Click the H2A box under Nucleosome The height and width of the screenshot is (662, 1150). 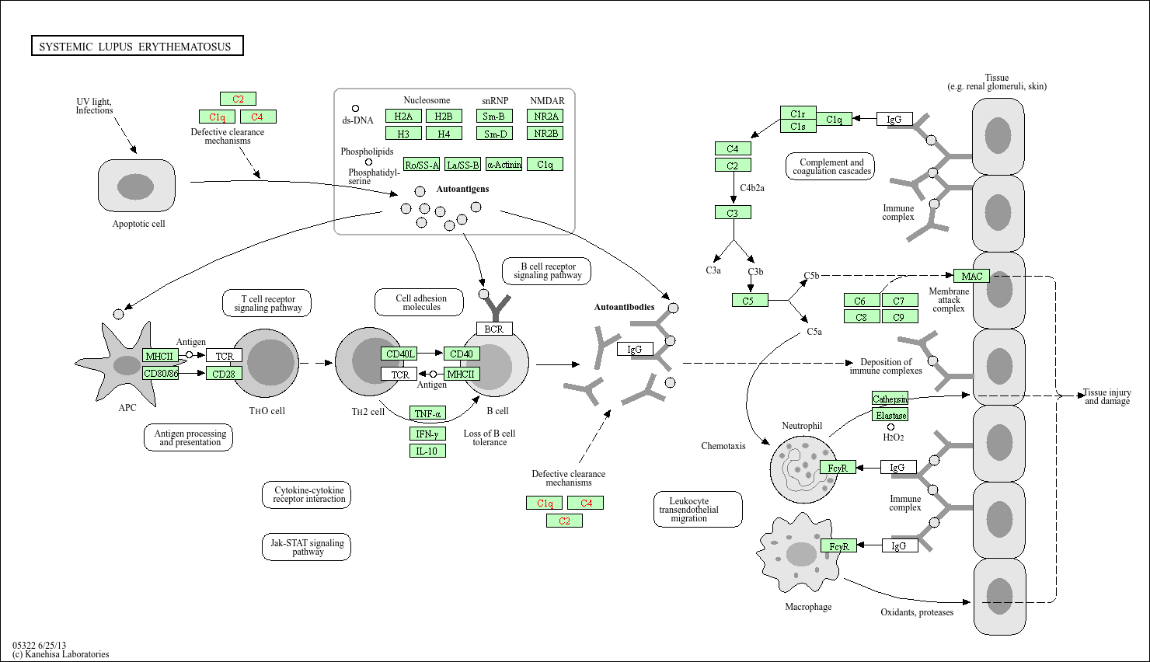pos(403,116)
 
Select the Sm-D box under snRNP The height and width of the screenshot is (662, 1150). pos(494,134)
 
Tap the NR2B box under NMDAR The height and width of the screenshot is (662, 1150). pos(545,133)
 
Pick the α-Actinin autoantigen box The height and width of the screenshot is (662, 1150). pos(504,164)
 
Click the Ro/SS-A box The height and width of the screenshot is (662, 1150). pos(421,164)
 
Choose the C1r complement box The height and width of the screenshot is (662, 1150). pos(798,113)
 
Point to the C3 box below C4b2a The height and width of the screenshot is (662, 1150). pos(733,212)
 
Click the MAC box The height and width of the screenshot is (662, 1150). pos(971,276)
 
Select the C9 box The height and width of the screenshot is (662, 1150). pos(900,317)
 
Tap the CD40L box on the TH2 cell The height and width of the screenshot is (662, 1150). pos(399,354)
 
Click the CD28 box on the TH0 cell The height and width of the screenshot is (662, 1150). pos(224,374)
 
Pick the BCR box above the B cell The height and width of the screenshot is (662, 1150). pos(494,329)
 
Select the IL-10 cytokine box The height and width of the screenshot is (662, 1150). pos(427,451)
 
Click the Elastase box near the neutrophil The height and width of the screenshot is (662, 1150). pos(890,415)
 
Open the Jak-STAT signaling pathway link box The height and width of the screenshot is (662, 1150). pos(306,547)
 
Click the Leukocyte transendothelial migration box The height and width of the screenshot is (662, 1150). pos(698,510)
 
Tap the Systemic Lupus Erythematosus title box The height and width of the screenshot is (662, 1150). pos(137,46)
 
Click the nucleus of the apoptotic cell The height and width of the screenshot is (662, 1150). pos(135,186)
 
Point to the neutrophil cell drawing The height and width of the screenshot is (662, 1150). pos(803,469)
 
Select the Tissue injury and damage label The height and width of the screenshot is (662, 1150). pos(1106,397)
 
